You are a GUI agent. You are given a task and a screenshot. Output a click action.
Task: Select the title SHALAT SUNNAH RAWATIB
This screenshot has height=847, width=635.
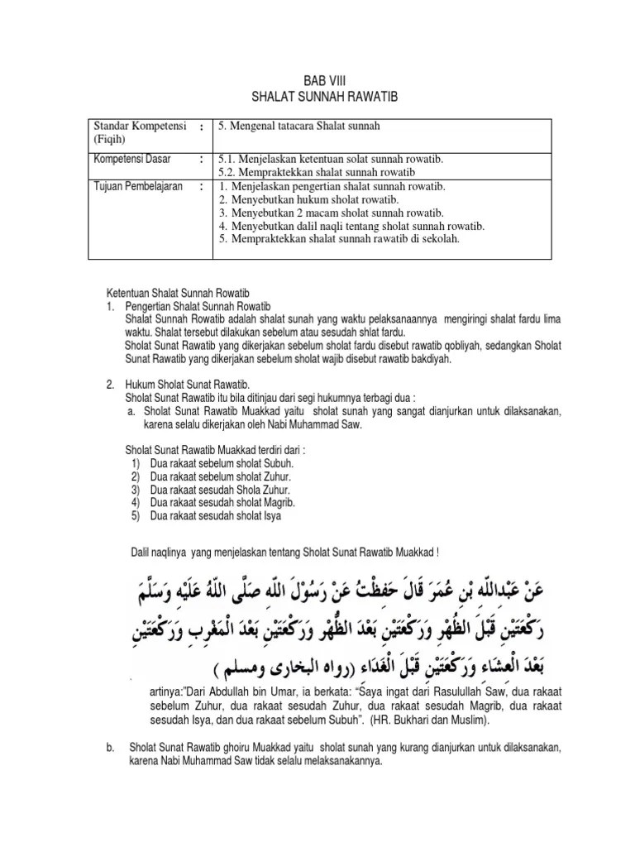point(318,98)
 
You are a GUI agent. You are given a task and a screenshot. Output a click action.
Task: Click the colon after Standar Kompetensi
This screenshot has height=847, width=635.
point(202,127)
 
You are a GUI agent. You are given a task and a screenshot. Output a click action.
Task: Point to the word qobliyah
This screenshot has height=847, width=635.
point(452,347)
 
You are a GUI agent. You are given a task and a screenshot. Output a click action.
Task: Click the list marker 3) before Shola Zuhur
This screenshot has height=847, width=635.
point(136,490)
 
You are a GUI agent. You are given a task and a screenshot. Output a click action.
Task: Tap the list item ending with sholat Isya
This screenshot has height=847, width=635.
point(216,516)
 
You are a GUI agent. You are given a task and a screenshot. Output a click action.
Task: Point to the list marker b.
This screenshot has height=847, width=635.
point(109,748)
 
